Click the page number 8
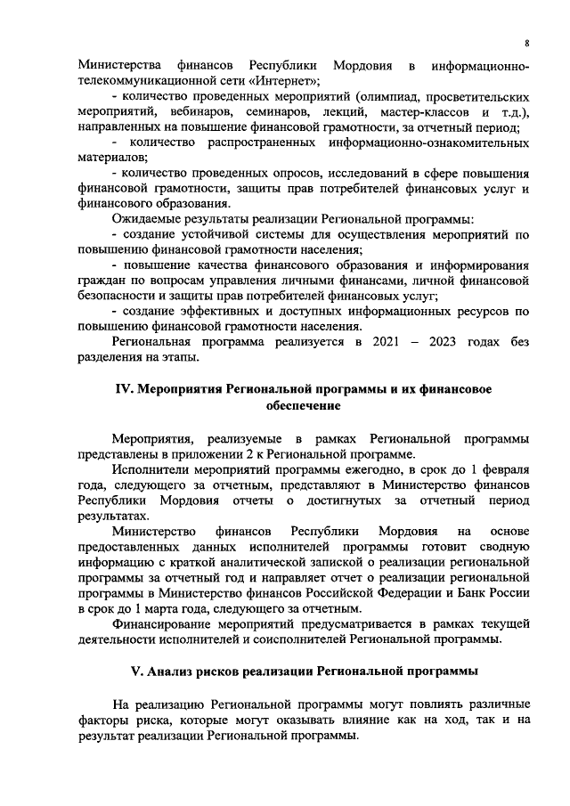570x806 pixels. tap(527, 43)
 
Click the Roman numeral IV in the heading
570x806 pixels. tap(126, 390)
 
